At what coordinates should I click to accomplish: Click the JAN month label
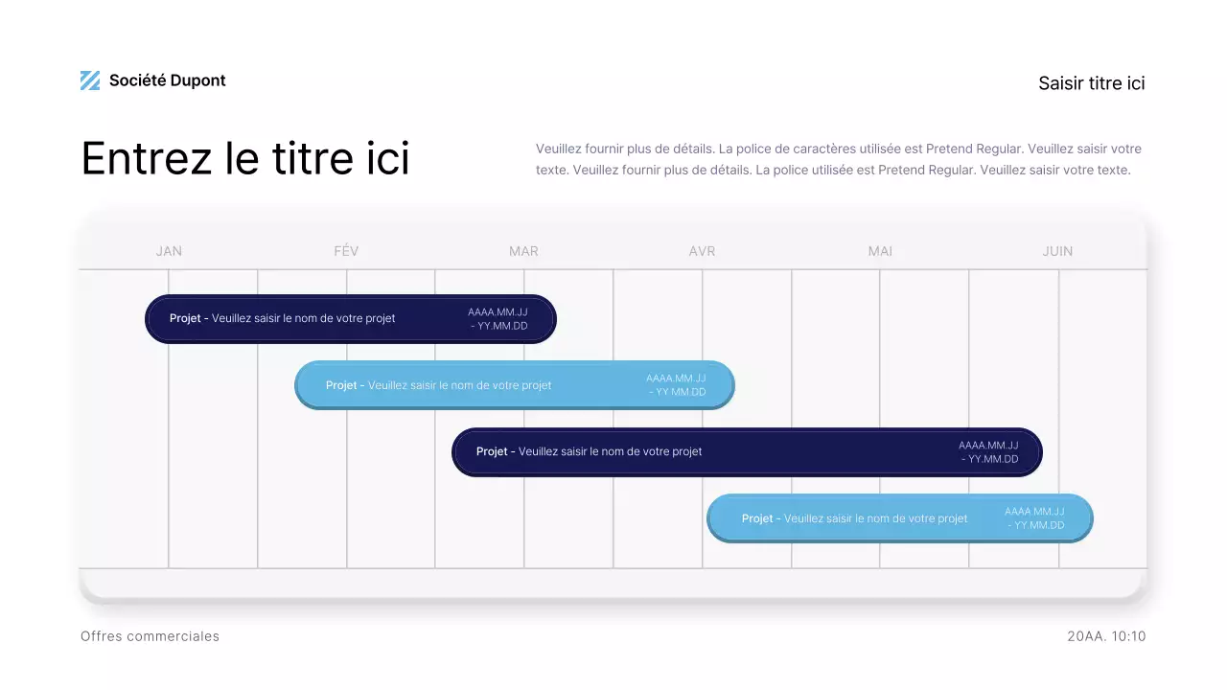[169, 251]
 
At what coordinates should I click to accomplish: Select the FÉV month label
[346, 251]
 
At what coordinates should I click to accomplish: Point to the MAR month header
[523, 251]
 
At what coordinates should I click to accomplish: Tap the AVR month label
[702, 251]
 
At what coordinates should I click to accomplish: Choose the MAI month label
[880, 251]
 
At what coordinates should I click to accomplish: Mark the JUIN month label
[1057, 251]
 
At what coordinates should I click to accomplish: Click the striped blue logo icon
[90, 80]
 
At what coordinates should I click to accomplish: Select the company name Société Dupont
[168, 80]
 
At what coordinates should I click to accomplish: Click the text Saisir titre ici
[1091, 83]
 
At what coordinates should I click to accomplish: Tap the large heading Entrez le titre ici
[245, 158]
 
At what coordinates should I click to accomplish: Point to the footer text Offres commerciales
[150, 636]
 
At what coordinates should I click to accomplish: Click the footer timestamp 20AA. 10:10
[1105, 636]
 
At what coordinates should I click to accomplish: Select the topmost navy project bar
[351, 319]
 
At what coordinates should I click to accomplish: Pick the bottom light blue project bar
[899, 518]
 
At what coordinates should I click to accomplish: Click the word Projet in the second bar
[341, 385]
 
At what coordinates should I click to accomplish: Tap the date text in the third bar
[988, 452]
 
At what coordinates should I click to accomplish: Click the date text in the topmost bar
[498, 319]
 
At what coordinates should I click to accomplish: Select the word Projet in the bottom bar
[757, 518]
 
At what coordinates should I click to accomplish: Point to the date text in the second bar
[676, 385]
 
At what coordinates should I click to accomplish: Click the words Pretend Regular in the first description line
[974, 149]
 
